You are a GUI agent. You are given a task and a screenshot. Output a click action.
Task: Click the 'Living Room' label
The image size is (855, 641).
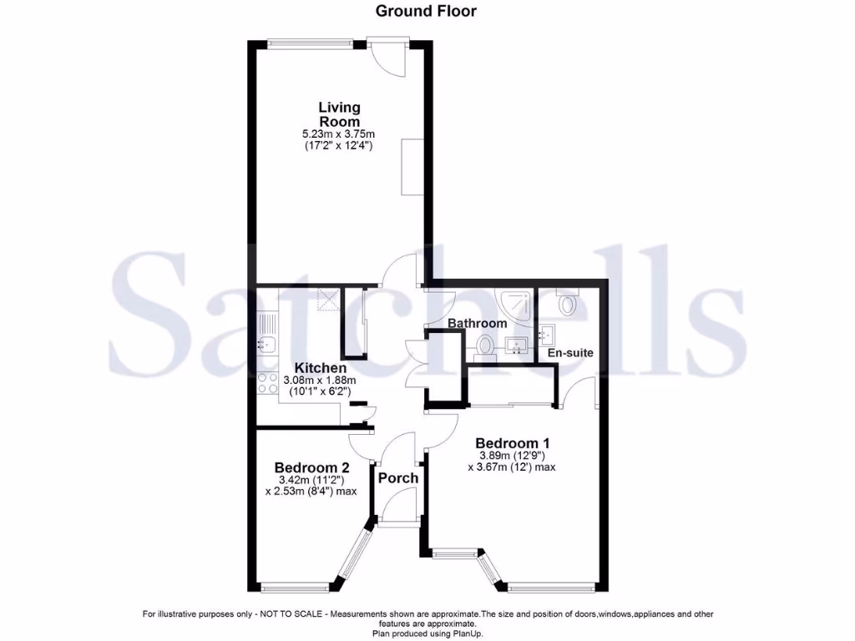tap(339, 114)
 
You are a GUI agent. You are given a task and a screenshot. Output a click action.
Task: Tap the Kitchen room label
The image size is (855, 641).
tap(321, 368)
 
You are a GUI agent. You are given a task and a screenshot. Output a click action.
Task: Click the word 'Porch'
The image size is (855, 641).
tap(398, 478)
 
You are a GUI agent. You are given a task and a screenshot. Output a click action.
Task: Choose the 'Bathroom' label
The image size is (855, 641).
tap(477, 323)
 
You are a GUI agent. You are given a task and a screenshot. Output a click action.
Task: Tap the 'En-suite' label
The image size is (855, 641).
tap(570, 353)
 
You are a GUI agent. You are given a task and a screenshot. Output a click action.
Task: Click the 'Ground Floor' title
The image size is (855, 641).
tap(426, 11)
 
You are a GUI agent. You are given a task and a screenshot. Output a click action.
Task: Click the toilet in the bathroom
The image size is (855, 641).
tap(485, 345)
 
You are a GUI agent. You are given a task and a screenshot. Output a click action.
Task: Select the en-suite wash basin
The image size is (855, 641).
tap(549, 336)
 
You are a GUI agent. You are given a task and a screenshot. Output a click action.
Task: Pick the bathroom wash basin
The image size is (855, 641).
tap(515, 345)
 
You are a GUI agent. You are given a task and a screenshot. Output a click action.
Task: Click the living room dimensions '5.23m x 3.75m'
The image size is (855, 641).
tap(338, 134)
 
